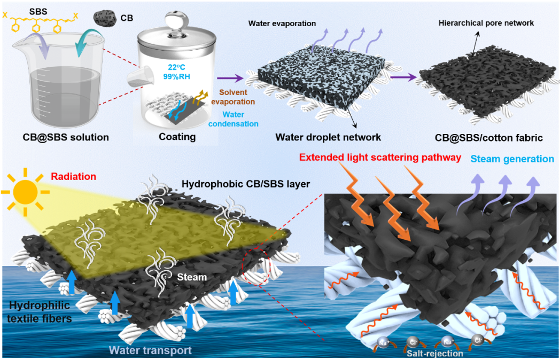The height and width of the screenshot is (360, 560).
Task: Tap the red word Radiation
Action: click(x=74, y=177)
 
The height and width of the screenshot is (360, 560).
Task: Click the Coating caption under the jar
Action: click(x=177, y=137)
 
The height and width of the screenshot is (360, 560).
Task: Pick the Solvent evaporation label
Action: click(x=236, y=97)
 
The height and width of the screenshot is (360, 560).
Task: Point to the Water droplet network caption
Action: click(x=328, y=137)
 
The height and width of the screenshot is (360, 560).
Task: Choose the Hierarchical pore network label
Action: click(x=486, y=23)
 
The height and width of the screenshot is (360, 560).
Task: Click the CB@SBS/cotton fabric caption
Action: click(x=488, y=138)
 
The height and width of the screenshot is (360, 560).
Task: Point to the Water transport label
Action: click(x=150, y=351)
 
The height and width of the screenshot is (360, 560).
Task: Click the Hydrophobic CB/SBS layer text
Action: click(x=246, y=184)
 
